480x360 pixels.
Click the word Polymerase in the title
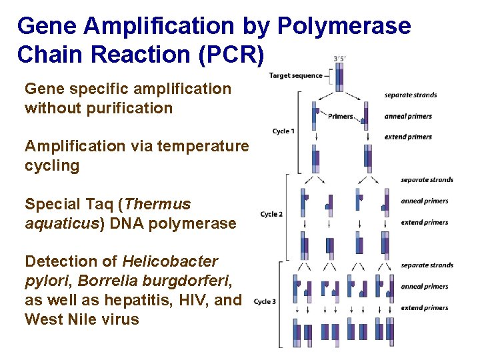coord(343,27)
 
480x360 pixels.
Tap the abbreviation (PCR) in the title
coord(226,55)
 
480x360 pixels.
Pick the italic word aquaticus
coord(61,223)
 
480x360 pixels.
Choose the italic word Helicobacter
coord(170,261)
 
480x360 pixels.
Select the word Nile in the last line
coord(77,319)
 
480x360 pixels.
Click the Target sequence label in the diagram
coord(295,75)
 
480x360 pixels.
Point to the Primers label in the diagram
coord(341,117)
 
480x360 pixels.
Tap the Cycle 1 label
coord(283,131)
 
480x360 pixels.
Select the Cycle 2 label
coord(271,214)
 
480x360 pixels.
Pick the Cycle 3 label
coord(265,302)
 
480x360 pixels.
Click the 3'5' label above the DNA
coord(339,58)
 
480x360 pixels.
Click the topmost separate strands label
coord(411,95)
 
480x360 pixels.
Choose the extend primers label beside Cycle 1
coord(408,137)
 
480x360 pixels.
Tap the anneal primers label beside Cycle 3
coord(424,287)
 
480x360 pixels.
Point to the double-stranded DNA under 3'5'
coord(339,77)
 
